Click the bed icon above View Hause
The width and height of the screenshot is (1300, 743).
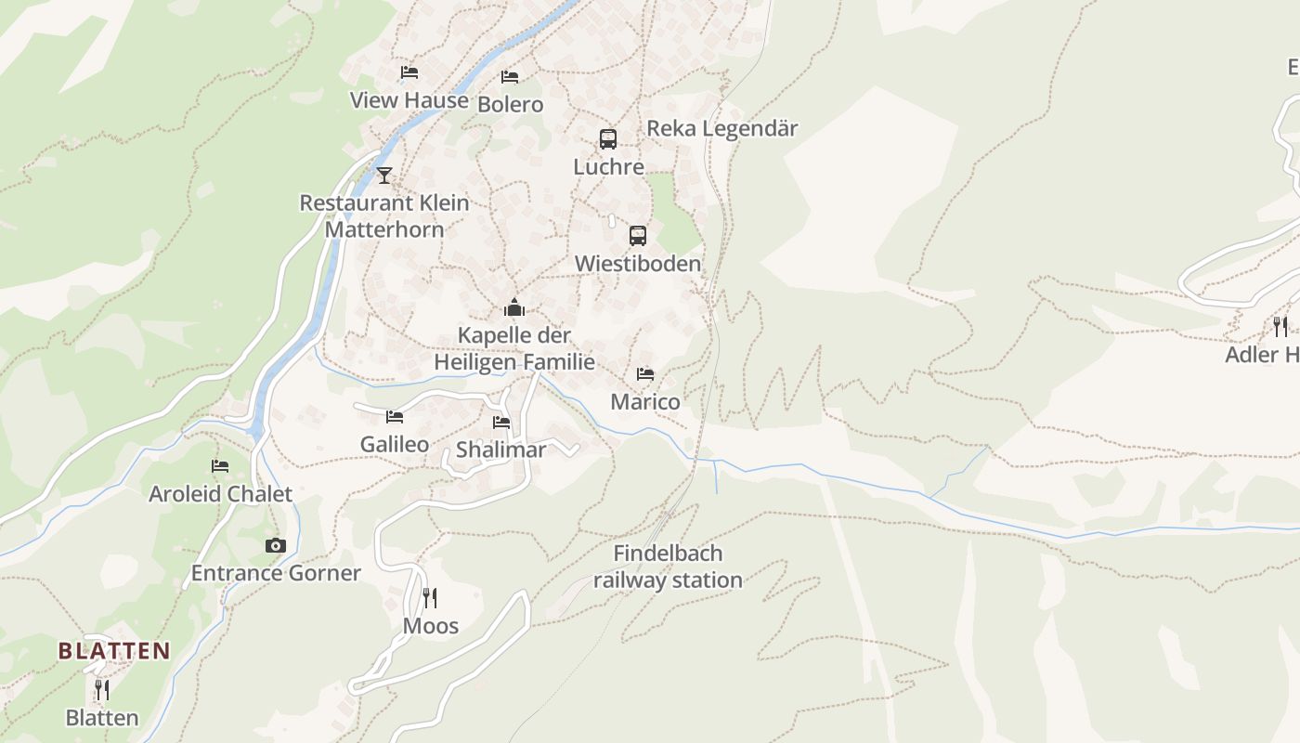[409, 72]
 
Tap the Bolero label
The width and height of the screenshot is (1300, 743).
[510, 104]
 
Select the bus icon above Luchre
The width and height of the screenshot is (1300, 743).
[608, 139]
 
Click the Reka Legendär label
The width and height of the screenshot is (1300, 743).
[721, 128]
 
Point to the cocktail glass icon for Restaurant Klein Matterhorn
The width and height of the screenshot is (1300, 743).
[384, 175]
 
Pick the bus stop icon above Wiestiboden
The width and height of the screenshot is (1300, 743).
[637, 236]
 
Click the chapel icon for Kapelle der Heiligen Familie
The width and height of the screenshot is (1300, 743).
[514, 307]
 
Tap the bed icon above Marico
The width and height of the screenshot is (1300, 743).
[645, 374]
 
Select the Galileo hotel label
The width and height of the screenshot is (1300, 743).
[395, 444]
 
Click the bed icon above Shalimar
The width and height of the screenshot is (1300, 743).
[501, 423]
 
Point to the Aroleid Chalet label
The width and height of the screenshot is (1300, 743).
[220, 493]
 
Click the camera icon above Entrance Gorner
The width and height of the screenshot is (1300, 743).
[275, 545]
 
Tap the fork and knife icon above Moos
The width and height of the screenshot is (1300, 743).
[430, 597]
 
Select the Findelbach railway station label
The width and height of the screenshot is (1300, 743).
[668, 567]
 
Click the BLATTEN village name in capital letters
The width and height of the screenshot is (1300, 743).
[114, 650]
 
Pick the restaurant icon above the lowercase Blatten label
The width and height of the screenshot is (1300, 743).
[102, 690]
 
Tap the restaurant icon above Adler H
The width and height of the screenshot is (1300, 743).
[1280, 326]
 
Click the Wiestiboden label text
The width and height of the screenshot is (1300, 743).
[637, 264]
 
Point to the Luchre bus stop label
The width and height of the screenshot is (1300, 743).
[608, 167]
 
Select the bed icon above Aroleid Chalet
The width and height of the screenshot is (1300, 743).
[220, 466]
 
